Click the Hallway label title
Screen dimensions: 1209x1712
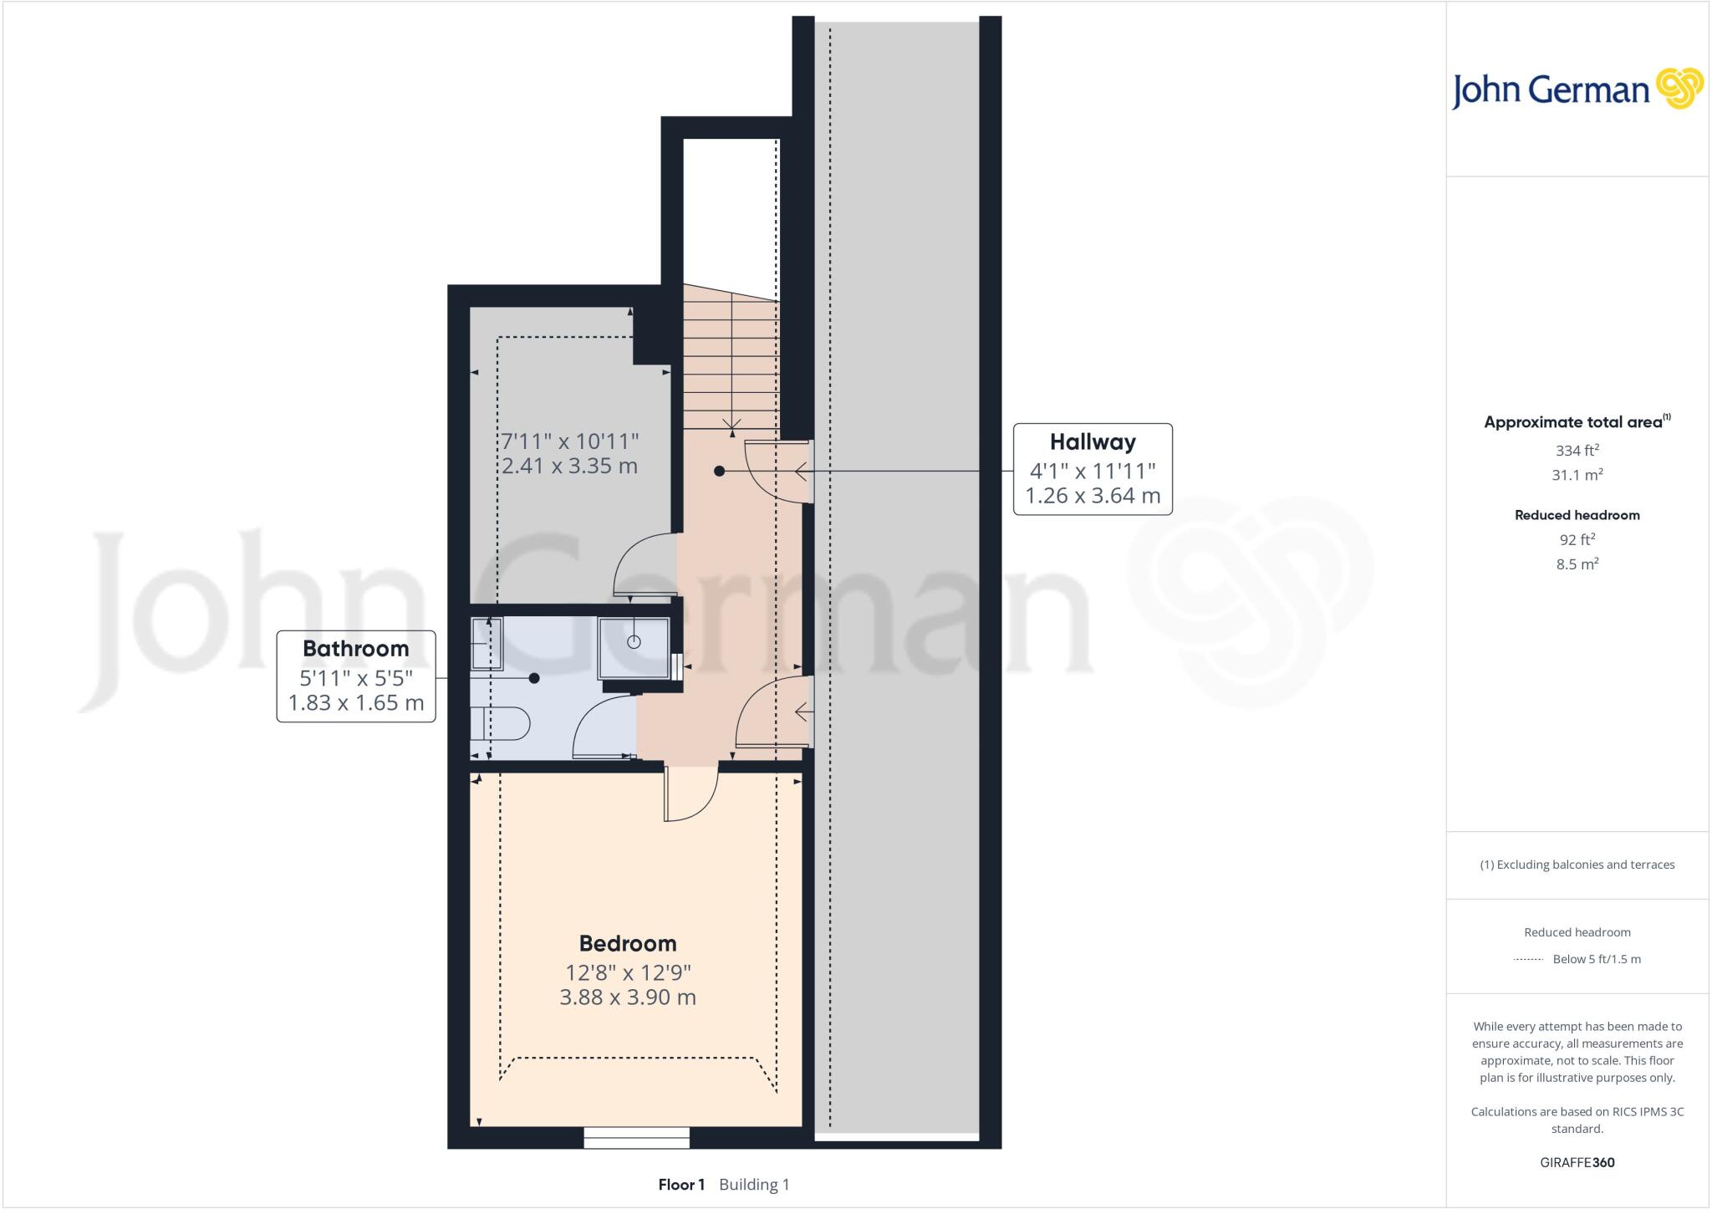[1093, 441]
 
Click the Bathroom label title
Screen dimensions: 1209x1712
[355, 648]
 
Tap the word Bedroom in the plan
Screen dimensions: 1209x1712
[628, 943]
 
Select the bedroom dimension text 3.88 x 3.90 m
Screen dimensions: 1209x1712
[628, 997]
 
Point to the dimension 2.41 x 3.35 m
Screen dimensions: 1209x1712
[569, 466]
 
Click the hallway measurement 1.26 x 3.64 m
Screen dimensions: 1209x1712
[1093, 496]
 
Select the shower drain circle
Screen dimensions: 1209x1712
[634, 642]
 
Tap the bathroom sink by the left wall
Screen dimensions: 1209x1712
[487, 643]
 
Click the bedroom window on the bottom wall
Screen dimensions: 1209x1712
[636, 1137]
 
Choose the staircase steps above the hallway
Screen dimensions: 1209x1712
[731, 360]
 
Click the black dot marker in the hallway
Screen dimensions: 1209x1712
[719, 472]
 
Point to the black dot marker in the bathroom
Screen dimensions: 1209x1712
[534, 678]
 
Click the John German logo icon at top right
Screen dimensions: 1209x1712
[1679, 89]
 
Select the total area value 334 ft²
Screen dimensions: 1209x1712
[1577, 451]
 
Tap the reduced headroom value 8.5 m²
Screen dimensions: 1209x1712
[1577, 564]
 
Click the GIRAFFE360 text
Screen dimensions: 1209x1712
[1577, 1162]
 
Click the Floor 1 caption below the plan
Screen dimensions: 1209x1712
[681, 1185]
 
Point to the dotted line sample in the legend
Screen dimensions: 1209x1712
[1527, 960]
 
